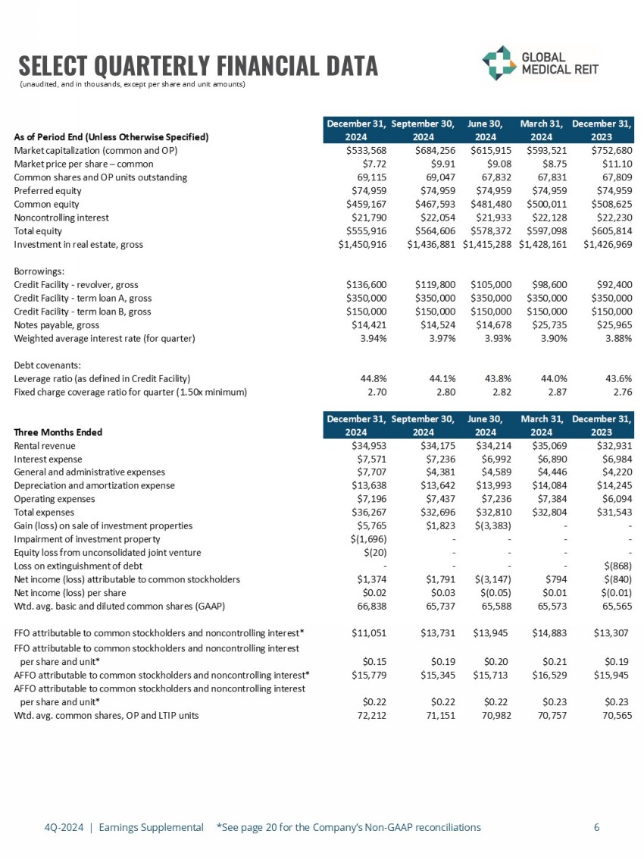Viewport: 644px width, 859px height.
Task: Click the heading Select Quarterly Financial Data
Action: (198, 65)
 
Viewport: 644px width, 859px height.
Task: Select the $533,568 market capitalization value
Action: (367, 149)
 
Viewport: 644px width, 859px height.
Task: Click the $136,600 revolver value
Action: (367, 284)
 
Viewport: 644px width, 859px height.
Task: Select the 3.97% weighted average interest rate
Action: (439, 338)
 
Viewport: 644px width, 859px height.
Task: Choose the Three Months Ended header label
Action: (58, 432)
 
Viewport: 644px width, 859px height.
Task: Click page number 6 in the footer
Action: (597, 827)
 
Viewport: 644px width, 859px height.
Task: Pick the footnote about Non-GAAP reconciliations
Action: (349, 827)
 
